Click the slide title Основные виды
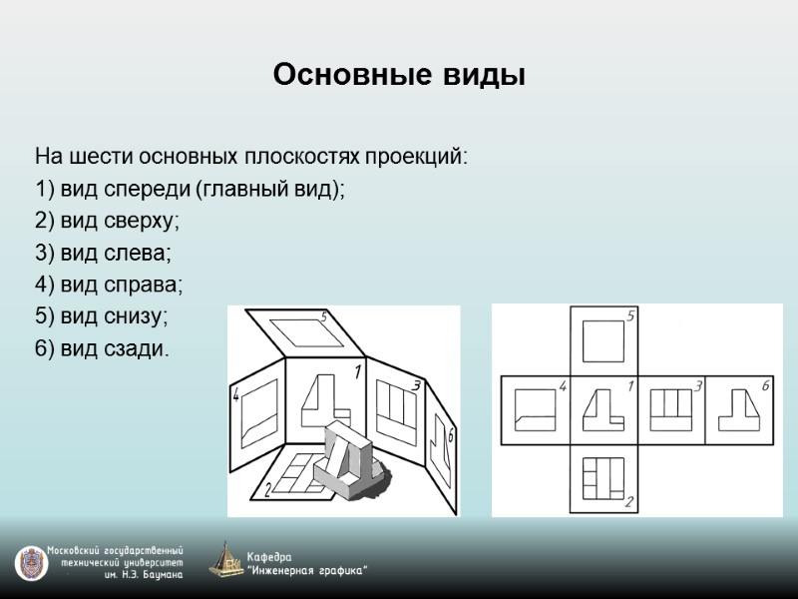[x=398, y=75]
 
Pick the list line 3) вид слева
[x=103, y=254]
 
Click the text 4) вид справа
[x=109, y=286]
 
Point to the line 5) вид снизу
[x=102, y=317]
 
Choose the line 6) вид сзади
[x=102, y=349]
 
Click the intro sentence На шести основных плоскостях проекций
[x=250, y=158]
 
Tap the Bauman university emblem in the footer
[x=31, y=563]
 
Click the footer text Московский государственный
[x=117, y=551]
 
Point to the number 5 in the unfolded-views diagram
[x=630, y=317]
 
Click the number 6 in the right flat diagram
[x=765, y=385]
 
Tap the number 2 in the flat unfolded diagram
[x=629, y=501]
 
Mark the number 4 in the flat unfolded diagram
[x=563, y=386]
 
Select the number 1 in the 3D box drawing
[x=357, y=374]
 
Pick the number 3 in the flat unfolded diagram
[x=698, y=385]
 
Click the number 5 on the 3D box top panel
[x=323, y=317]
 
